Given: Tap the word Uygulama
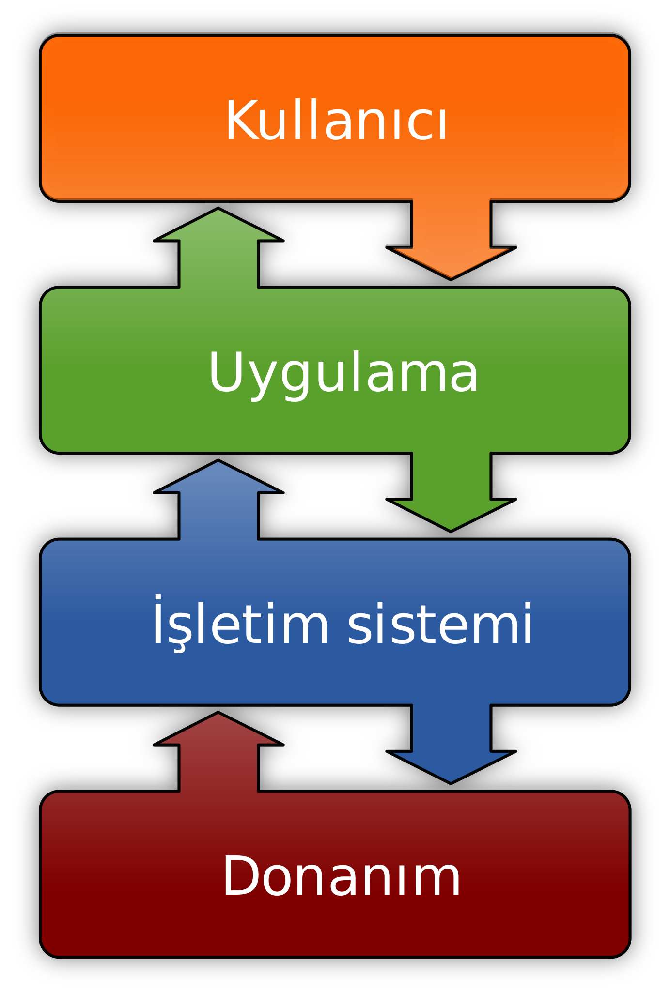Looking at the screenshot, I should point(343,373).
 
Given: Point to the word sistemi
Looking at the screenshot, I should point(440,624).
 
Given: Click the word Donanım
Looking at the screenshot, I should point(341,877).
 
